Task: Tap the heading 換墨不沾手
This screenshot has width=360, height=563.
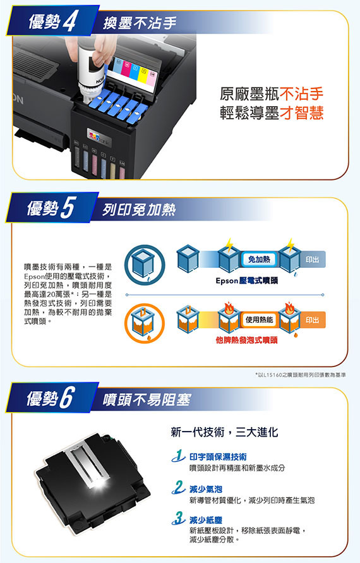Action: click(140, 23)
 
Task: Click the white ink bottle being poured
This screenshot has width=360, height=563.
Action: click(90, 73)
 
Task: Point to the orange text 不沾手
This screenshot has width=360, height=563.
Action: click(301, 94)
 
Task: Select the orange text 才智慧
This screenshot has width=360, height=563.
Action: click(301, 112)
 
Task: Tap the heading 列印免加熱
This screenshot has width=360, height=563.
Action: click(139, 210)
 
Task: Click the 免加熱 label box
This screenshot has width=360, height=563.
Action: click(259, 259)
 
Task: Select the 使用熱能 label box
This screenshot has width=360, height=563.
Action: click(259, 320)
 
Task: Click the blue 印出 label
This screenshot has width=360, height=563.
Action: click(312, 259)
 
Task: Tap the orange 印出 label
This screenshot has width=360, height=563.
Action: click(312, 320)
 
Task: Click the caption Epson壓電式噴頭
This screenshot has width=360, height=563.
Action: click(246, 281)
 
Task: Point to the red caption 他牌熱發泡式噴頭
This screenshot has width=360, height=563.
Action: click(246, 340)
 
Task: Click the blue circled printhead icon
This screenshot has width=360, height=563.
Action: click(144, 265)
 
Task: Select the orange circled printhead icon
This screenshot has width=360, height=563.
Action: click(144, 324)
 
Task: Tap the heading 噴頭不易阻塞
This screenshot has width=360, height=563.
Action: click(147, 399)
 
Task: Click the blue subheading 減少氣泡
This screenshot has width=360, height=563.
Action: click(206, 489)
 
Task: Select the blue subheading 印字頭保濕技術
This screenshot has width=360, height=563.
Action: click(218, 457)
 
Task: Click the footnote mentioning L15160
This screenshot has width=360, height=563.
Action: click(301, 375)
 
